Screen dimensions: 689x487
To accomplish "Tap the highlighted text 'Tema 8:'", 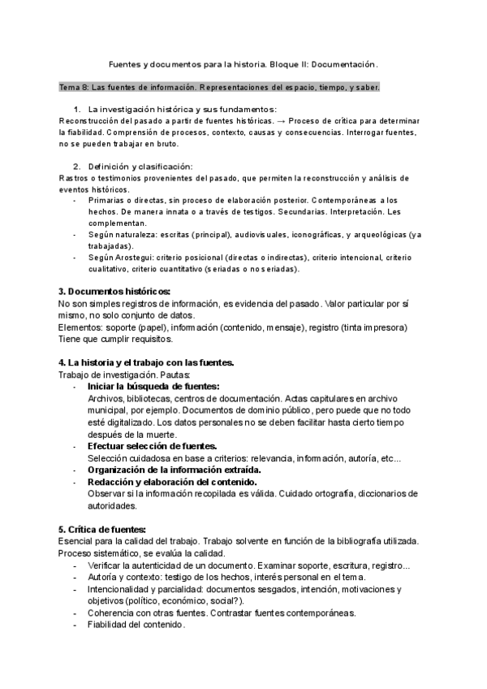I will point(75,87).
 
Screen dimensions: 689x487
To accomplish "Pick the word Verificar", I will point(108,565).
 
